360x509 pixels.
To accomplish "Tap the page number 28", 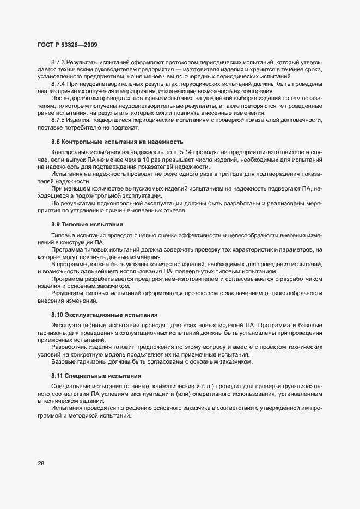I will [41, 463].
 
